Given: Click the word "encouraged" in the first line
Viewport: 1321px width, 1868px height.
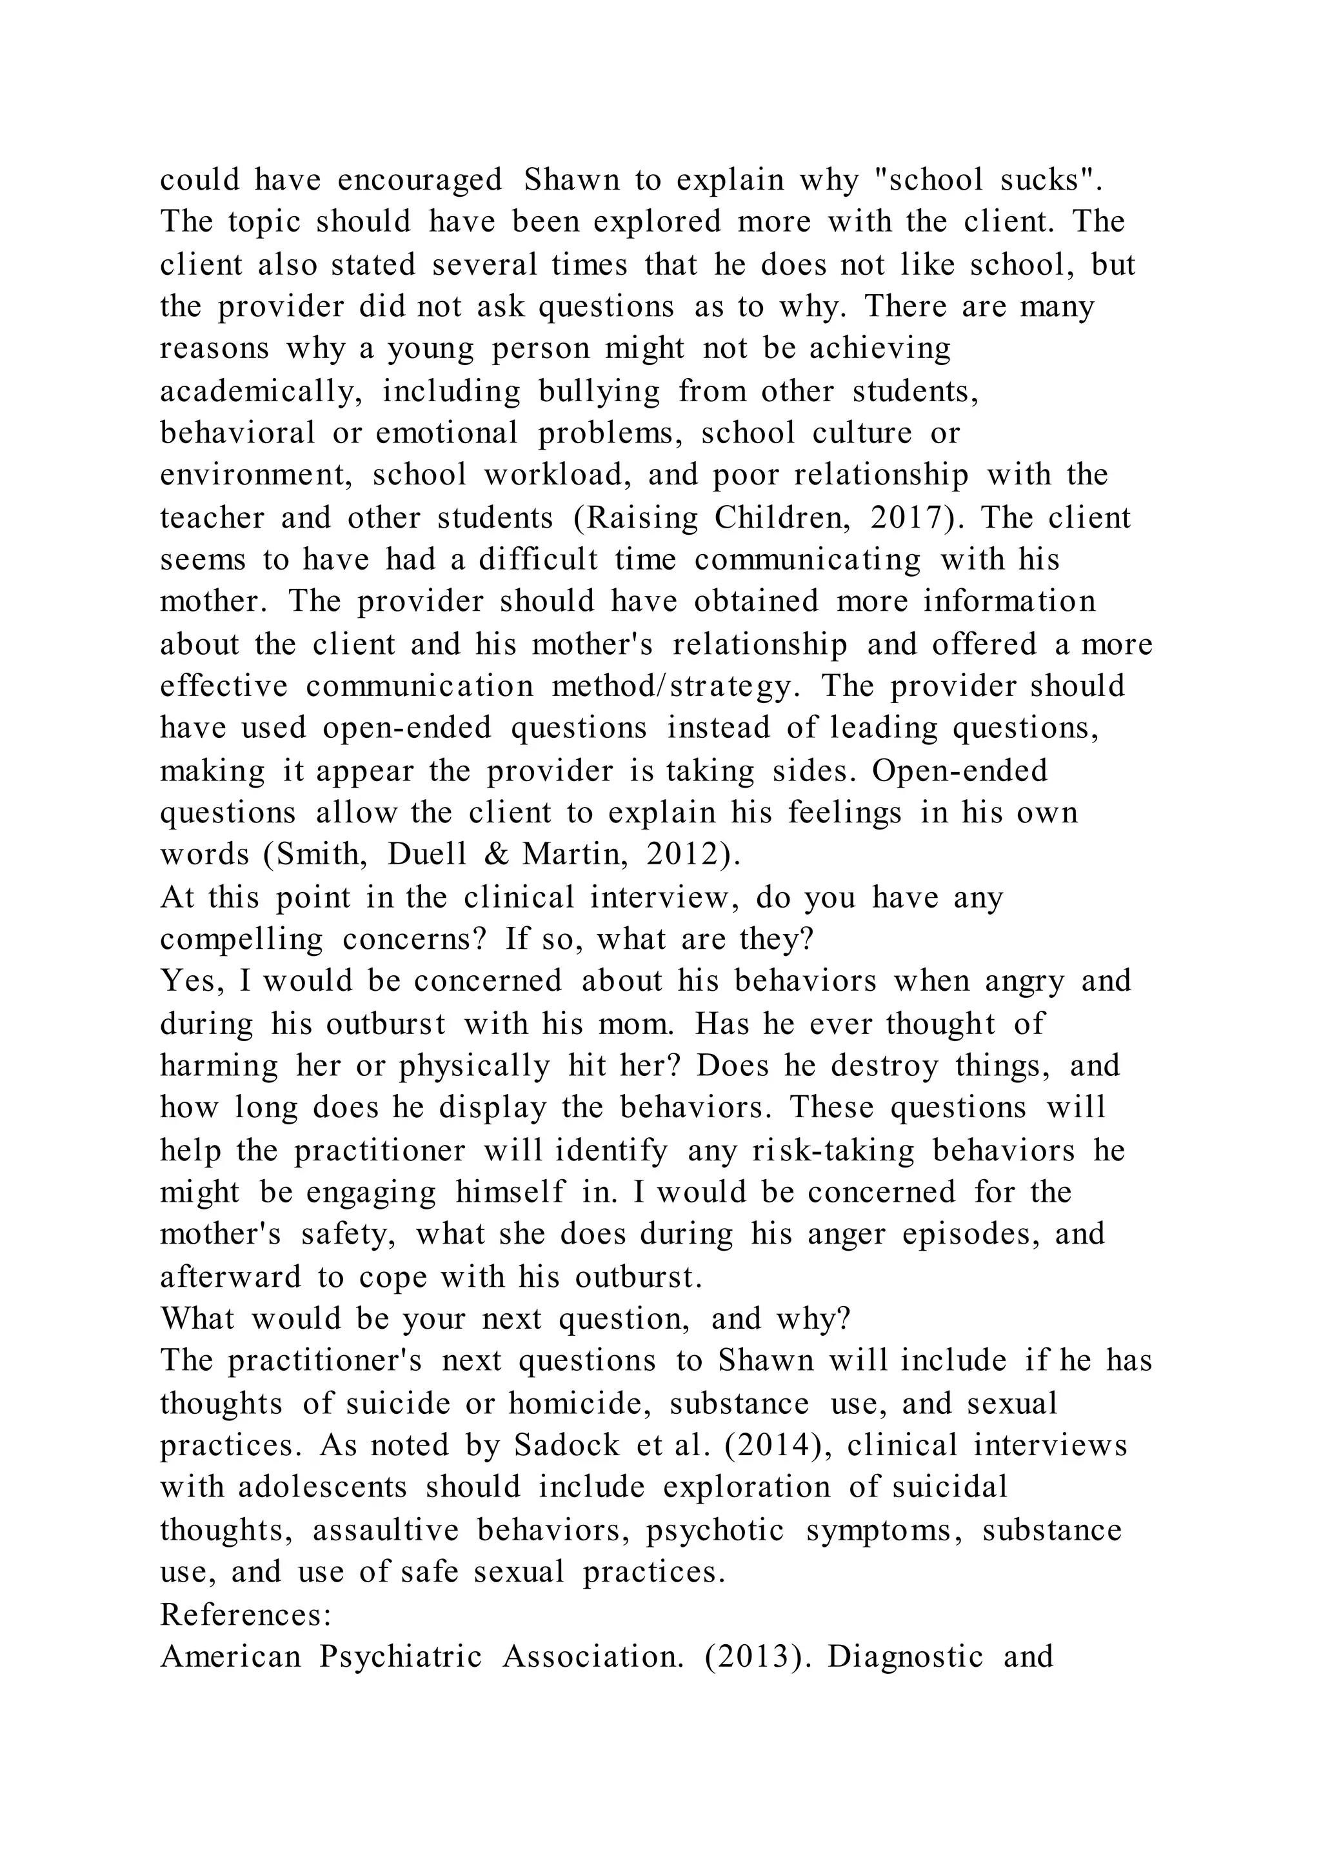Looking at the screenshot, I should [x=420, y=180].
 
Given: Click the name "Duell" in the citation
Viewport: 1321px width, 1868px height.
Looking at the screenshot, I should [x=428, y=854].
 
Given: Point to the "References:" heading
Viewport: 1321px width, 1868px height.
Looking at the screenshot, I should [x=246, y=1614].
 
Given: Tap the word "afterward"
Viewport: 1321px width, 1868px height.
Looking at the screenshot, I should [x=230, y=1277].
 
